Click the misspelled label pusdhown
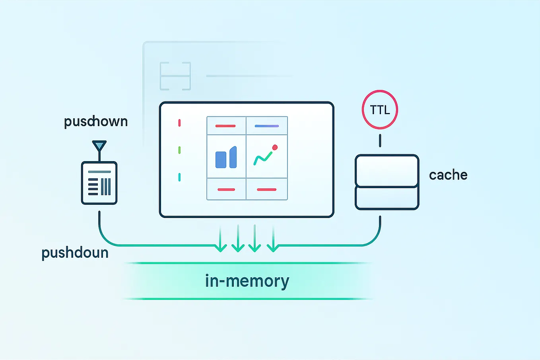point(96,122)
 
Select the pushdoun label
point(75,253)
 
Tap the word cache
point(448,175)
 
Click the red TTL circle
point(380,110)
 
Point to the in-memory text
point(247,281)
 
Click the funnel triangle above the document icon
point(99,146)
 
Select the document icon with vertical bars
point(99,183)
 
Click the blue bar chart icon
point(226,158)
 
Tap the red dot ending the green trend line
point(275,148)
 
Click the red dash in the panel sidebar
point(179,123)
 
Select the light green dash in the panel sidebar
point(179,150)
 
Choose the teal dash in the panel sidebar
point(179,177)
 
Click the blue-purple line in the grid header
point(266,126)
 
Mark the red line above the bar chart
point(225,126)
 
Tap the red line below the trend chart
point(266,190)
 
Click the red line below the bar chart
point(226,190)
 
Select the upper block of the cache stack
point(387,170)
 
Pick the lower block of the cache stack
point(387,198)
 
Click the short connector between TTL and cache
point(380,140)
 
